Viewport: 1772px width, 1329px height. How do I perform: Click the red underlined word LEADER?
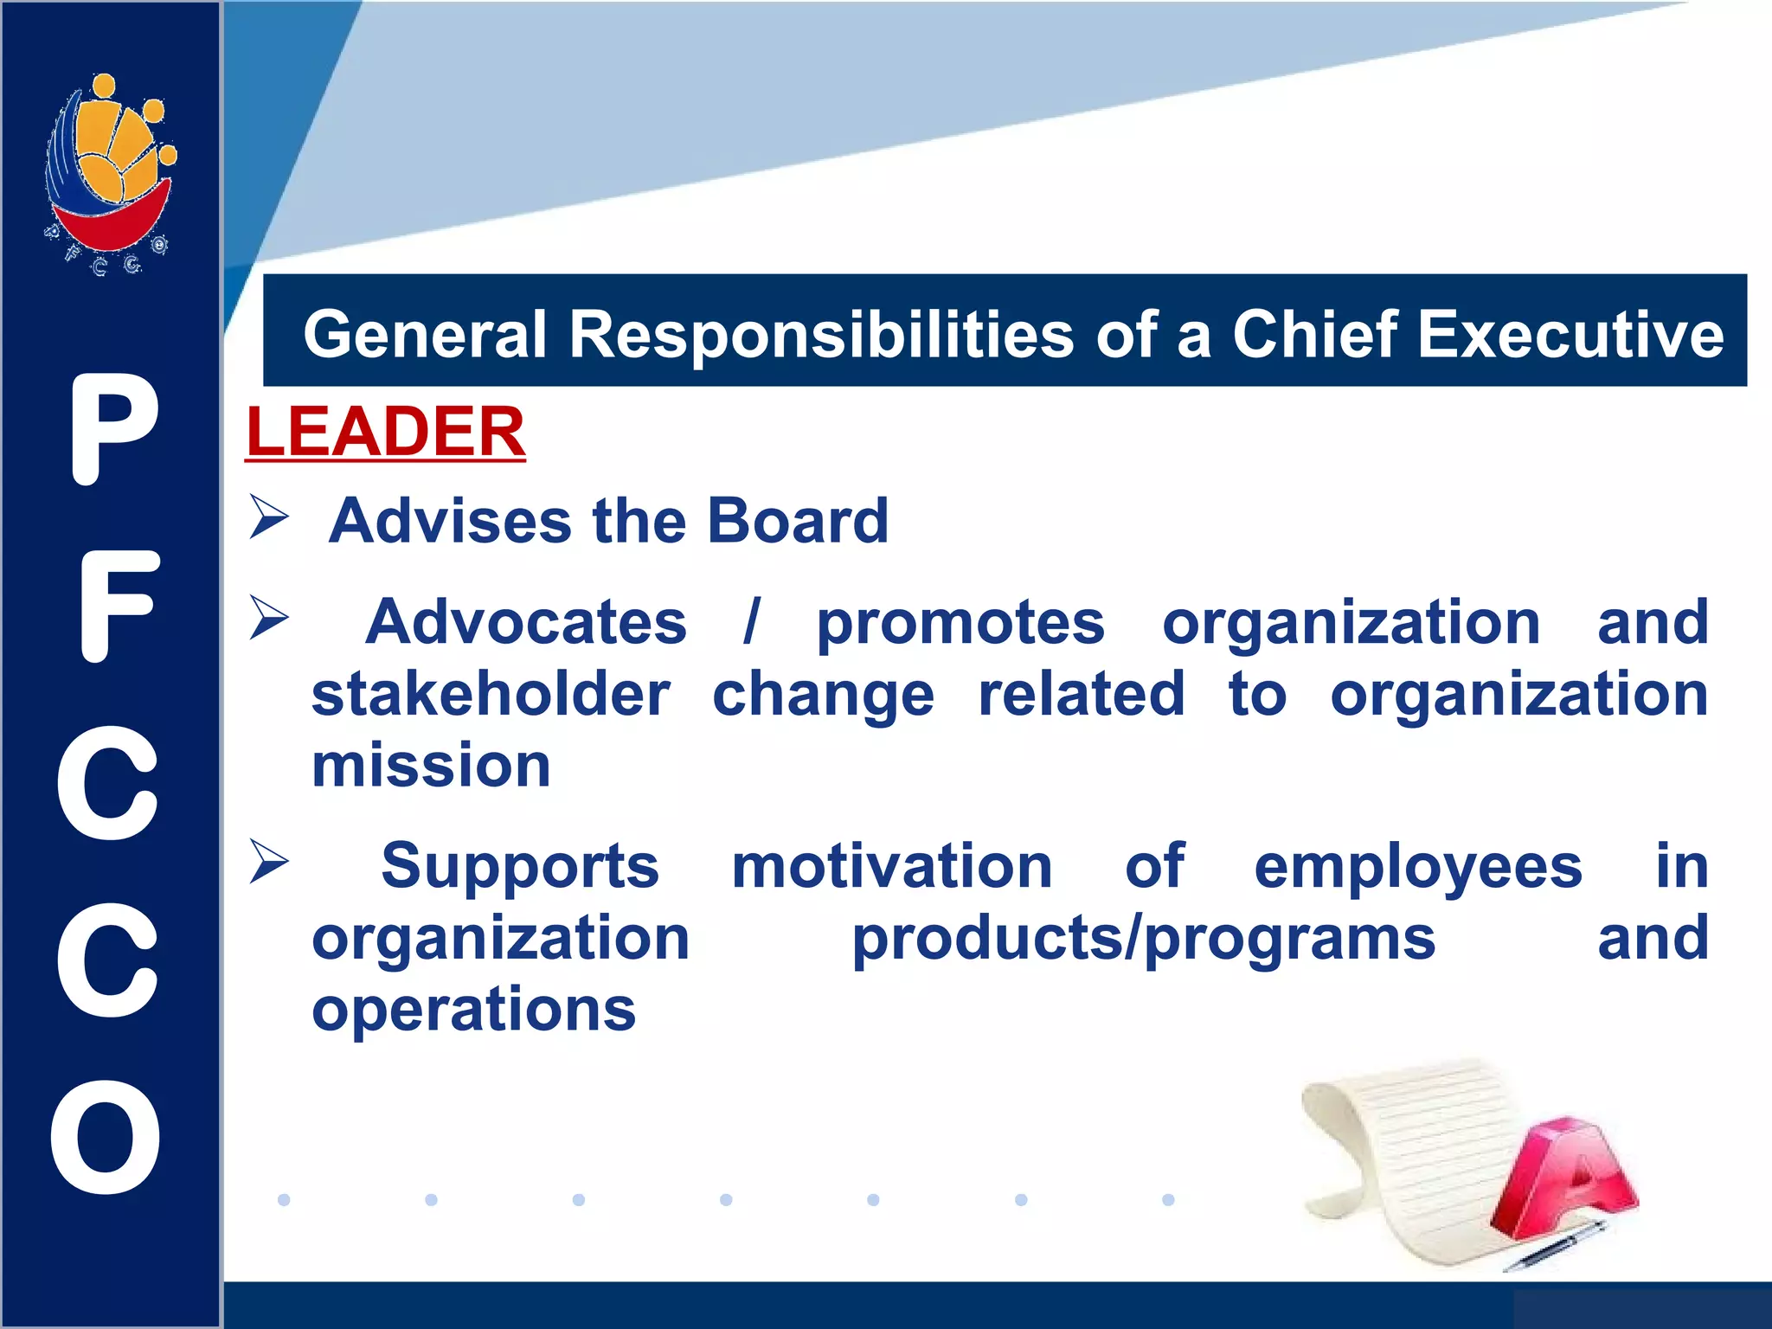pos(385,432)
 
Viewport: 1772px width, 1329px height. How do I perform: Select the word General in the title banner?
pos(425,335)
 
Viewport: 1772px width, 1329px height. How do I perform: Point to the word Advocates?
pos(525,622)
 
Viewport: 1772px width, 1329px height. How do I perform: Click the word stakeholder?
pos(491,694)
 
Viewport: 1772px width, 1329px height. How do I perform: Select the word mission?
pos(431,766)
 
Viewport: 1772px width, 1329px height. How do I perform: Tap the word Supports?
pos(519,866)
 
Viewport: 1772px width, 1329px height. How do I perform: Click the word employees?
pos(1417,866)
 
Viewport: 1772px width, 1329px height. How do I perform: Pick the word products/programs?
pos(1143,939)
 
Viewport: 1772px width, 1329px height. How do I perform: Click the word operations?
pos(473,1010)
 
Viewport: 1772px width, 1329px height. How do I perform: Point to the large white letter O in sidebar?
pos(106,1137)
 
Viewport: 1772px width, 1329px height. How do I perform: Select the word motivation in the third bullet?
pos(891,866)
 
